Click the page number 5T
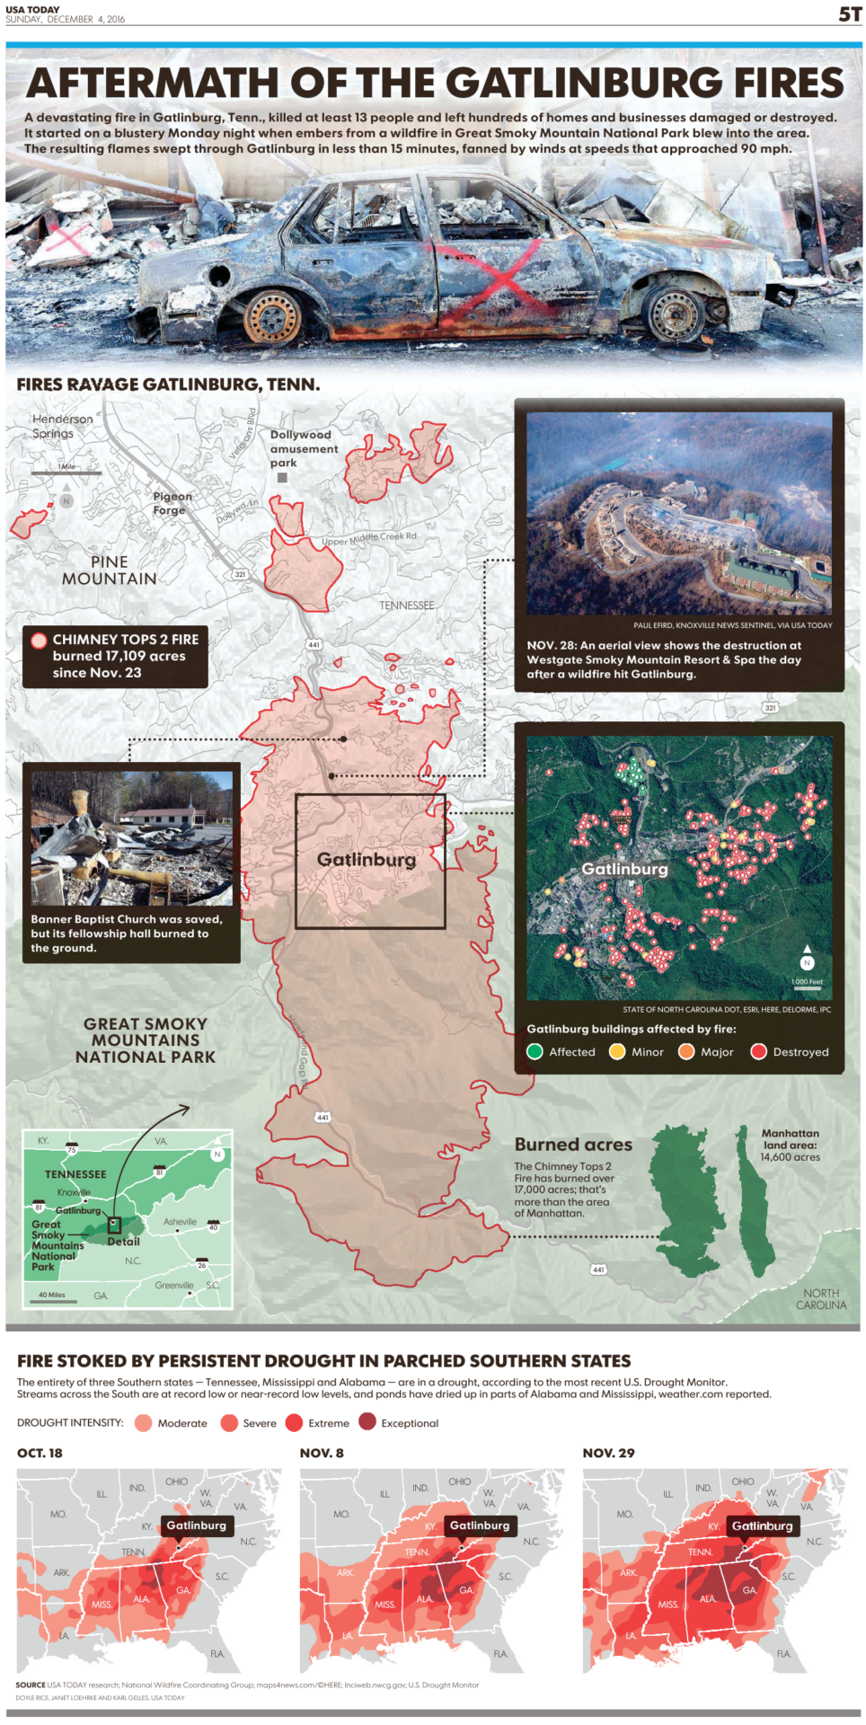[849, 13]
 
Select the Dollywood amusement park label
[304, 448]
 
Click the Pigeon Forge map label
[172, 502]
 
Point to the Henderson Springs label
[61, 426]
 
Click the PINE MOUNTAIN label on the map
[109, 570]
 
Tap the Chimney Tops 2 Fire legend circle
[39, 641]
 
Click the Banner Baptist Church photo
[131, 837]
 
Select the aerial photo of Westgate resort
[678, 513]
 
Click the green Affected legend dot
[535, 1051]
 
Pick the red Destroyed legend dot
[758, 1051]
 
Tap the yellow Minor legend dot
[617, 1051]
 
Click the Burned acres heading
[573, 1145]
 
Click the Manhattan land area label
[790, 1145]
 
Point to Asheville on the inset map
[180, 1222]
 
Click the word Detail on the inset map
[123, 1242]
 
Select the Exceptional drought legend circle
[367, 1421]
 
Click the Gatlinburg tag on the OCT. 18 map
[196, 1525]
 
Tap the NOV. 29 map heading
[608, 1453]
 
